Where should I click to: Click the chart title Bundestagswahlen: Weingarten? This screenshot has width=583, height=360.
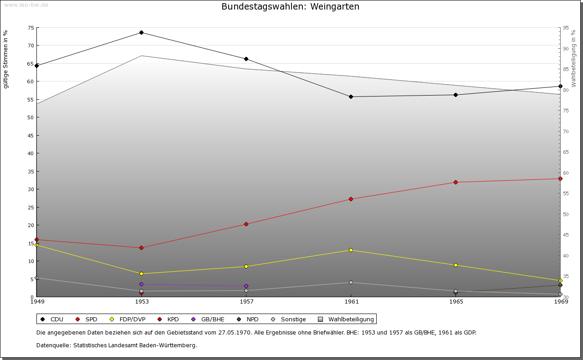[290, 7]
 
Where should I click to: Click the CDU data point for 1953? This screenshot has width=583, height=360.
[141, 33]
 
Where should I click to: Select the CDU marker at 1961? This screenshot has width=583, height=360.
[351, 97]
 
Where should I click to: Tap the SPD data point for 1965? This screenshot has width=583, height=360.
[455, 183]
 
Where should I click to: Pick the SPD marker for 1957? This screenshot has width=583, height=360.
[246, 224]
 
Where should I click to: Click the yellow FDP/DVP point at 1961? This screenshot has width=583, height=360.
[351, 250]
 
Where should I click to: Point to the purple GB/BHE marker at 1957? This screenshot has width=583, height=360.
[246, 286]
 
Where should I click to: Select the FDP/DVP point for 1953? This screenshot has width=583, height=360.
[141, 274]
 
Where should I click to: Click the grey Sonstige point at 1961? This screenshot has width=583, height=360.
[351, 283]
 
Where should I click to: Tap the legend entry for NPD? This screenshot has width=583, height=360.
[252, 319]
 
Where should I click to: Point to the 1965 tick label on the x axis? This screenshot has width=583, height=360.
[456, 302]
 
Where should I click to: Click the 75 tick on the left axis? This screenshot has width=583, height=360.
[31, 28]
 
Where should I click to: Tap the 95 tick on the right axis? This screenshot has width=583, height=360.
[565, 28]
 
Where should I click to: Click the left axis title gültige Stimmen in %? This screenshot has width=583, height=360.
[6, 59]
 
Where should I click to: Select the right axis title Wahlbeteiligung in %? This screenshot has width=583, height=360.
[573, 58]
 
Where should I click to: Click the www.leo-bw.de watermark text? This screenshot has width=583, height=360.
[26, 5]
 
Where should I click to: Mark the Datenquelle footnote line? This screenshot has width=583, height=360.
[117, 345]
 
